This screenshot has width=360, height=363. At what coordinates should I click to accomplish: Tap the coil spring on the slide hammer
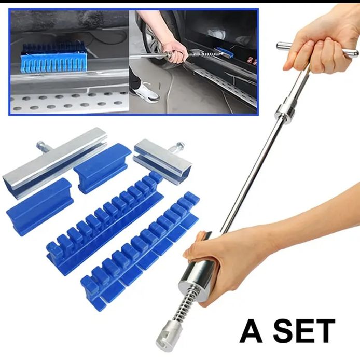(187, 304)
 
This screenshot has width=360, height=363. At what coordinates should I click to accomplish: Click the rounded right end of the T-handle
(352, 55)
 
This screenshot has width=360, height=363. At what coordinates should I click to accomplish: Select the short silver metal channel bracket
(163, 161)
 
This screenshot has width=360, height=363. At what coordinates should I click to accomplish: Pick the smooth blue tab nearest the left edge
(40, 206)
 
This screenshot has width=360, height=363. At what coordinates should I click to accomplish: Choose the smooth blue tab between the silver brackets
(103, 168)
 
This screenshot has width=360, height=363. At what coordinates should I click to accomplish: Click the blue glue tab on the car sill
(54, 61)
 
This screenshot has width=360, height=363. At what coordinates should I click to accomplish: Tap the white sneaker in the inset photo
(146, 92)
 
